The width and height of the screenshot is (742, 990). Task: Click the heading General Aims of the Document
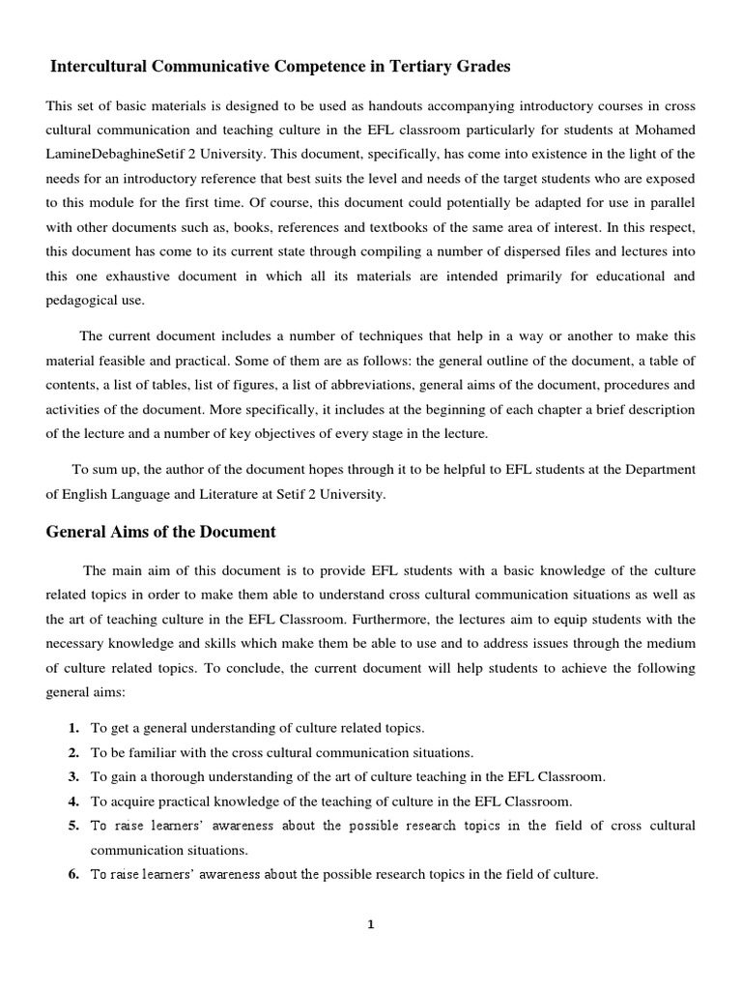[x=161, y=532]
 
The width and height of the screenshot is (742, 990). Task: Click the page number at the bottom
[x=370, y=924]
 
